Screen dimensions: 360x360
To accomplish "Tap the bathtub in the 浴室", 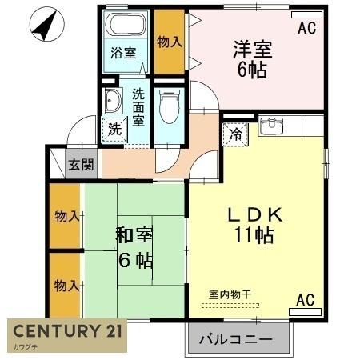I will click(127, 23).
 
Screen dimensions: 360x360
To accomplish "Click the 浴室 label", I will click(123, 54).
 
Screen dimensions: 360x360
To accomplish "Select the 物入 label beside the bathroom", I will click(168, 42).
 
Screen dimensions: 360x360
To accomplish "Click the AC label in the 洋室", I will click(307, 29).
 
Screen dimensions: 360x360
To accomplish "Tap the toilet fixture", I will click(169, 104).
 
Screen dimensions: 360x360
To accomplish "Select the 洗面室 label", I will click(138, 106).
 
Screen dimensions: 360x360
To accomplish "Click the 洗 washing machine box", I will click(113, 128).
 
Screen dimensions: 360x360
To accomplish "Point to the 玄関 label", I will click(80, 166).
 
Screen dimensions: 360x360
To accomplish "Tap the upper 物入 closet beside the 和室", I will click(65, 217).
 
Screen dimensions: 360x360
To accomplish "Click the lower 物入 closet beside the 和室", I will click(65, 286).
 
